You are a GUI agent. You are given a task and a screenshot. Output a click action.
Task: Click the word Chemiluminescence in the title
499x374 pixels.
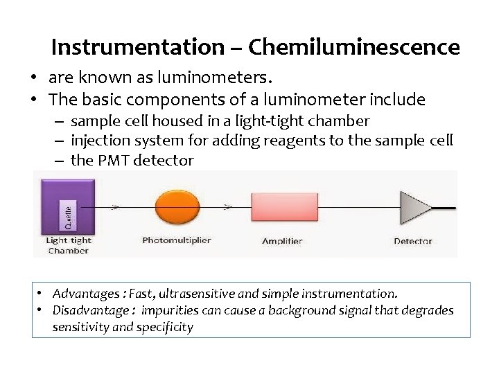[353, 47]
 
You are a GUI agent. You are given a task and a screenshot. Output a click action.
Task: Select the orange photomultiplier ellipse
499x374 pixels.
[177, 206]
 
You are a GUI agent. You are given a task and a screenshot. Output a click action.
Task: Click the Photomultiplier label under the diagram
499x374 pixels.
[176, 240]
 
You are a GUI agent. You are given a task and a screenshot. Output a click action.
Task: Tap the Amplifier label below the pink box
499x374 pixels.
[282, 241]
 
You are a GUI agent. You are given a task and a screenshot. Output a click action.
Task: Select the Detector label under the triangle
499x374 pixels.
[412, 241]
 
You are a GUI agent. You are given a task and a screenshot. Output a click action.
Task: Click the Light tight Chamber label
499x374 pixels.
[68, 245]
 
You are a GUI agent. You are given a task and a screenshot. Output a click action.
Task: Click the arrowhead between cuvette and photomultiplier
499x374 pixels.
[114, 206]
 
